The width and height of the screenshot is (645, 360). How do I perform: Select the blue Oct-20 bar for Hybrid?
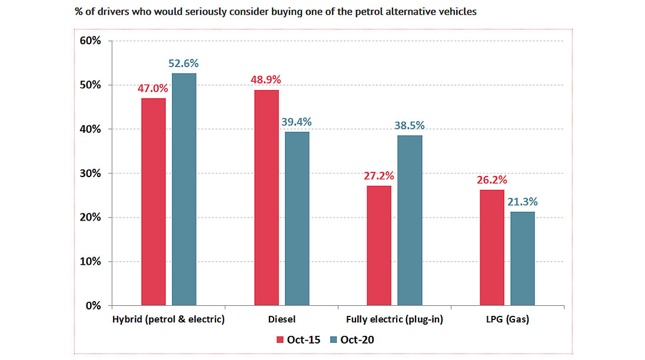184,189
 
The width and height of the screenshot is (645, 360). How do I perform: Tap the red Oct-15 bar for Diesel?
267,198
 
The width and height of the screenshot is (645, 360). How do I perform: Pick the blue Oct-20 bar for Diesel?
297,218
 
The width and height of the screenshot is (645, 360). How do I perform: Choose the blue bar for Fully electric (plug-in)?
410,221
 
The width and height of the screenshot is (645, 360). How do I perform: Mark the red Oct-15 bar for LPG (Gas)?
492,248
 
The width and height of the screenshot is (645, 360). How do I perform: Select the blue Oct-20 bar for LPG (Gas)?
523,258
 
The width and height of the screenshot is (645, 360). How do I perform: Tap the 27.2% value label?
379,175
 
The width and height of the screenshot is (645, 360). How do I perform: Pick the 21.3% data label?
523,202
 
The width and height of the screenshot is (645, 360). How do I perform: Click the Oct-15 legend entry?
298,339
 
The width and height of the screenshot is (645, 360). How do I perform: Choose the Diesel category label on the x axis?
281,320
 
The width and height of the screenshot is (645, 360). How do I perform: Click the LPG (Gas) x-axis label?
507,320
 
